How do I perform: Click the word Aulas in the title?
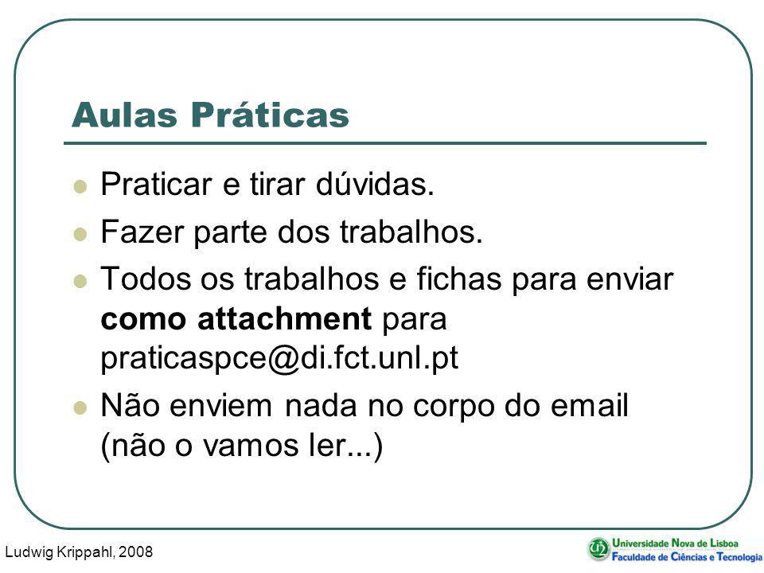click(x=124, y=115)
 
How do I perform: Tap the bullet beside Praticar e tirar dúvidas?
click(x=80, y=186)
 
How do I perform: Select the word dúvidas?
click(x=375, y=184)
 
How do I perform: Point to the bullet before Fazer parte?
click(x=80, y=234)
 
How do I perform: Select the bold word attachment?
click(x=285, y=318)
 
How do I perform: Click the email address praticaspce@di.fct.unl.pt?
click(x=279, y=359)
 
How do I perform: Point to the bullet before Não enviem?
click(x=80, y=407)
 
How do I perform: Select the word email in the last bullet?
click(x=589, y=405)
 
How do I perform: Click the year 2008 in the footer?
click(x=135, y=552)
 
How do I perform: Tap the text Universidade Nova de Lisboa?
click(x=675, y=543)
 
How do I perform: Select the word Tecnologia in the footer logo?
click(x=739, y=556)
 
